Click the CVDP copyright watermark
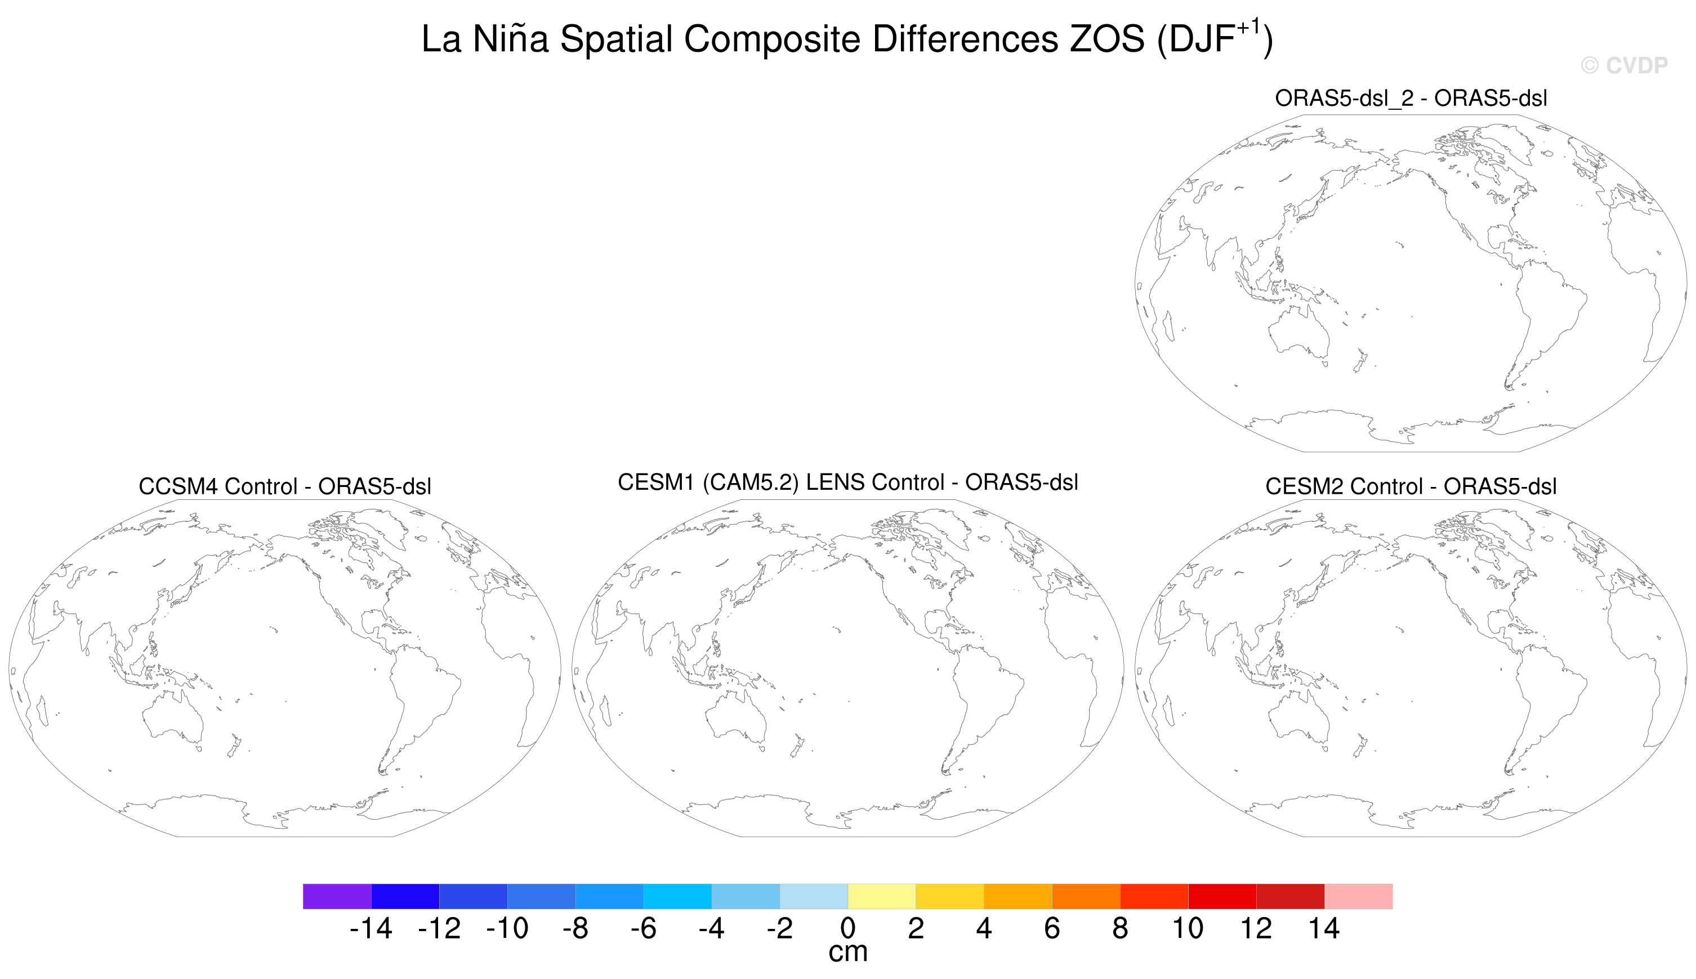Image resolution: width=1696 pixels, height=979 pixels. tap(1623, 66)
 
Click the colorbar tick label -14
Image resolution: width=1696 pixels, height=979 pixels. tap(371, 928)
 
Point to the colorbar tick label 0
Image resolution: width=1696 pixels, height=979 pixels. tap(847, 928)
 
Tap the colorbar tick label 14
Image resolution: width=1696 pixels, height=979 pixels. tap(1323, 928)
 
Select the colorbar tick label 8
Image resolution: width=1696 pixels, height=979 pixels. tap(1119, 928)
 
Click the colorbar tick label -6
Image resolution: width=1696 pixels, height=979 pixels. tap(643, 928)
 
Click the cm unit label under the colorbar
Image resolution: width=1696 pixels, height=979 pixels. tap(847, 953)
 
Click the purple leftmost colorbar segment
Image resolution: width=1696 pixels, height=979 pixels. tap(337, 896)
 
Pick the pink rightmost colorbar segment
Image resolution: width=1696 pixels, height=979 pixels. tap(1358, 896)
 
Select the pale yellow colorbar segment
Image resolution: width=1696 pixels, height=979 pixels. tap(882, 896)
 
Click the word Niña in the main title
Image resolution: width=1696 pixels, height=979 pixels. tap(510, 39)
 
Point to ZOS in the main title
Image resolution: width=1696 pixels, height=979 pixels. tap(1106, 39)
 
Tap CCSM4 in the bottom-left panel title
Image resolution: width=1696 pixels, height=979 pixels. tap(177, 486)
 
